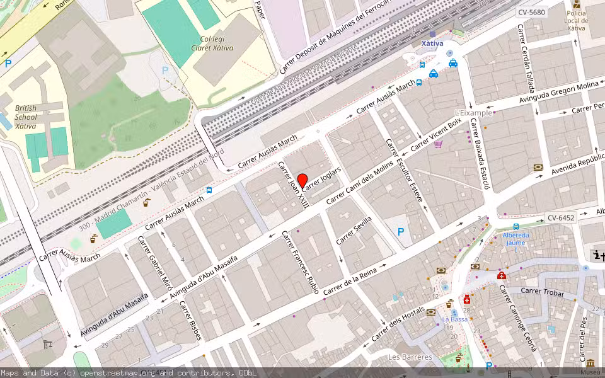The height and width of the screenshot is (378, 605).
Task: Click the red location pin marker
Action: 302,181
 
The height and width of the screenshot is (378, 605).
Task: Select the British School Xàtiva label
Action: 26,117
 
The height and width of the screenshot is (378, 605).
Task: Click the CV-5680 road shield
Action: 531,12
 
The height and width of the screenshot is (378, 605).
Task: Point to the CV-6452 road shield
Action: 560,218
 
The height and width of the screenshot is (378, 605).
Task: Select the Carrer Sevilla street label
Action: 354,230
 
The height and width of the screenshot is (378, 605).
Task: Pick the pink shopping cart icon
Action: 438,144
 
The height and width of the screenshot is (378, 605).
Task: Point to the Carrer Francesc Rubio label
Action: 300,263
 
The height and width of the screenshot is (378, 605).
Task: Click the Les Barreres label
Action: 410,357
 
